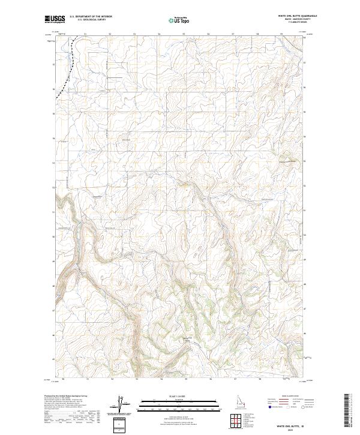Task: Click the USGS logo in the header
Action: [x=55, y=19]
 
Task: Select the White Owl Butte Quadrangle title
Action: [x=296, y=16]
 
